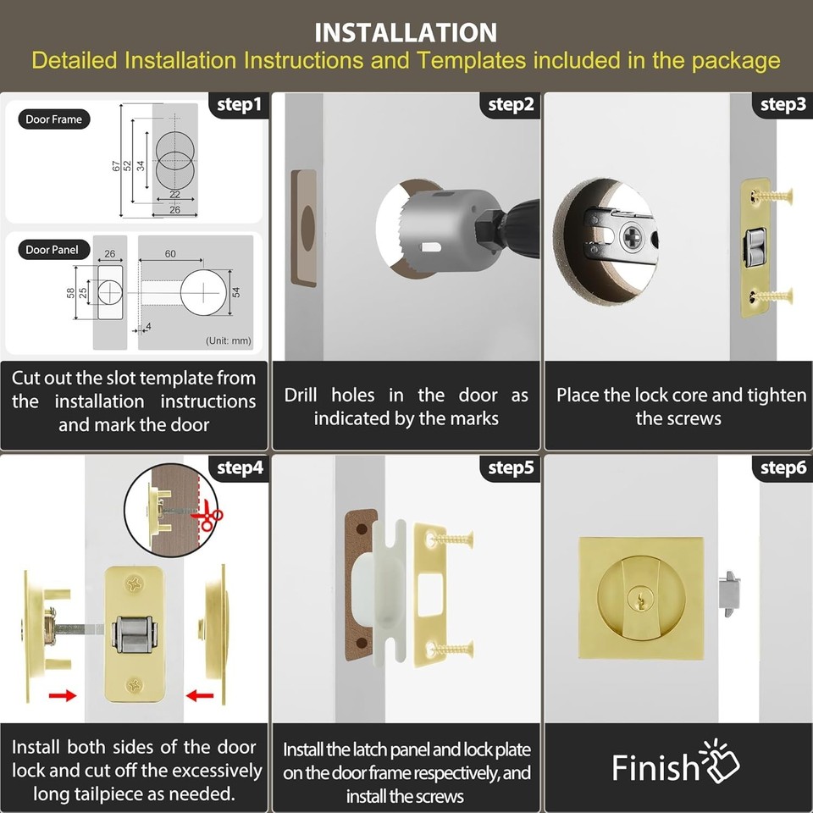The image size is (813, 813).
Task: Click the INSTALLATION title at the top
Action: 406,32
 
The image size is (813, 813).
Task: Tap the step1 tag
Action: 239,105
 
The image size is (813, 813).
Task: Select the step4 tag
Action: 239,467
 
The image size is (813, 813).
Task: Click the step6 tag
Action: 783,467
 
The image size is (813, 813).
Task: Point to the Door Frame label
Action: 53,119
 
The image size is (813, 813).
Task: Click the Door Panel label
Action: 52,249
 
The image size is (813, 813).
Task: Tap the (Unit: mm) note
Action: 228,341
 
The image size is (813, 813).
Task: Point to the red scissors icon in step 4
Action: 207,517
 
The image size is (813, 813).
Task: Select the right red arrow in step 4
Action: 199,695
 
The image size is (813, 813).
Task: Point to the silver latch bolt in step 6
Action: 729,592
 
